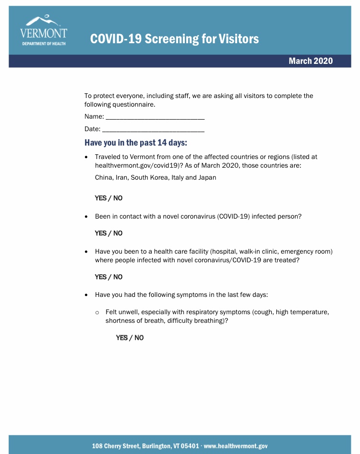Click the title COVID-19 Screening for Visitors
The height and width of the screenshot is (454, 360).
pos(174,38)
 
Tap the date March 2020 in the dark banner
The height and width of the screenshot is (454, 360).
pos(311,61)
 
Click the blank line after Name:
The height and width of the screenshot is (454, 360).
pos(155,117)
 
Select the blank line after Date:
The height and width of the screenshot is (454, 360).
pos(153,129)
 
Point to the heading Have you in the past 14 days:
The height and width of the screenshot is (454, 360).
pos(136,143)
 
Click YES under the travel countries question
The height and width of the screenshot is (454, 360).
pos(101,198)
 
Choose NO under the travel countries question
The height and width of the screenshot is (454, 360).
pos(118,198)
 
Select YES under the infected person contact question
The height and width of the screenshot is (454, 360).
pos(101,233)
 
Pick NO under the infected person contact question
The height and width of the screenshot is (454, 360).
pos(118,233)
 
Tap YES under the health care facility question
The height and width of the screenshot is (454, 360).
pos(101,277)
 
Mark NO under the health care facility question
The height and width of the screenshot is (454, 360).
pos(118,277)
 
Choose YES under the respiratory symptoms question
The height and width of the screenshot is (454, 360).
pos(122,338)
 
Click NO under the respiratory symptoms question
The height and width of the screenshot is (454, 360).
pos(139,338)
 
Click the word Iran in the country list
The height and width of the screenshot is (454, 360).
pos(122,177)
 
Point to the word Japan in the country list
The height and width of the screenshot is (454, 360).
pos(207,177)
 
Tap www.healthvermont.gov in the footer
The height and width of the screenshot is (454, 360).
pos(236,446)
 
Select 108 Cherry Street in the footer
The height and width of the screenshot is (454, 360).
pos(115,446)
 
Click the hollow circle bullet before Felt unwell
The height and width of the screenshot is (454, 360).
pos(97,313)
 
